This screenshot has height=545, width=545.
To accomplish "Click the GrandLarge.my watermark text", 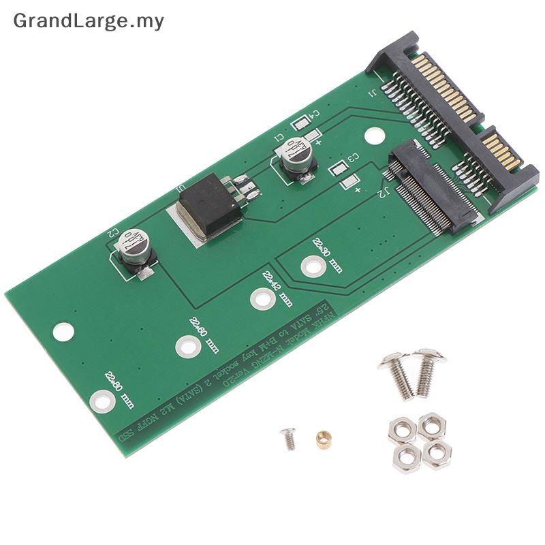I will pyautogui.click(x=89, y=21).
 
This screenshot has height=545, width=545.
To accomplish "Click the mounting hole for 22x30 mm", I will pyautogui.click(x=311, y=266).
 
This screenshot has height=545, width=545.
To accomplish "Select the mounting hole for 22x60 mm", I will pyautogui.click(x=187, y=347).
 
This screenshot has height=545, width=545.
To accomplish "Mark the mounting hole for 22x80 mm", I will pyautogui.click(x=101, y=401).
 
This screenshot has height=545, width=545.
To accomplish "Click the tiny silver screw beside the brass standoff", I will pyautogui.click(x=289, y=437).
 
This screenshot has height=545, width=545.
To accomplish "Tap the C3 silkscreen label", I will pyautogui.click(x=353, y=158).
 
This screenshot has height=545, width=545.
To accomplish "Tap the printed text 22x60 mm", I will pyautogui.click(x=204, y=334).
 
